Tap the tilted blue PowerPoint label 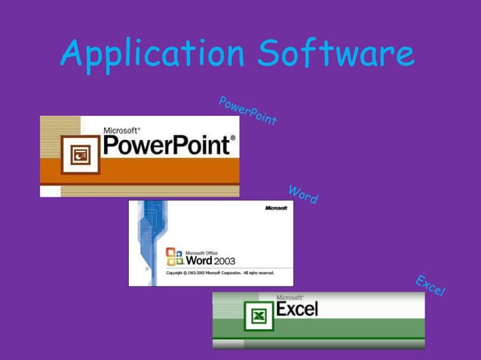(x=247, y=111)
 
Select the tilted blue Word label (x=303, y=194)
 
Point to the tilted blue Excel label (x=430, y=285)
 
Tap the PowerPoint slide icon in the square (x=80, y=154)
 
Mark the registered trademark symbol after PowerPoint (x=232, y=138)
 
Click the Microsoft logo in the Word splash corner (x=275, y=207)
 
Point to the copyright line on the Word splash (x=213, y=273)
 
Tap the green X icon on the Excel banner (x=258, y=315)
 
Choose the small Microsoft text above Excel (x=290, y=297)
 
